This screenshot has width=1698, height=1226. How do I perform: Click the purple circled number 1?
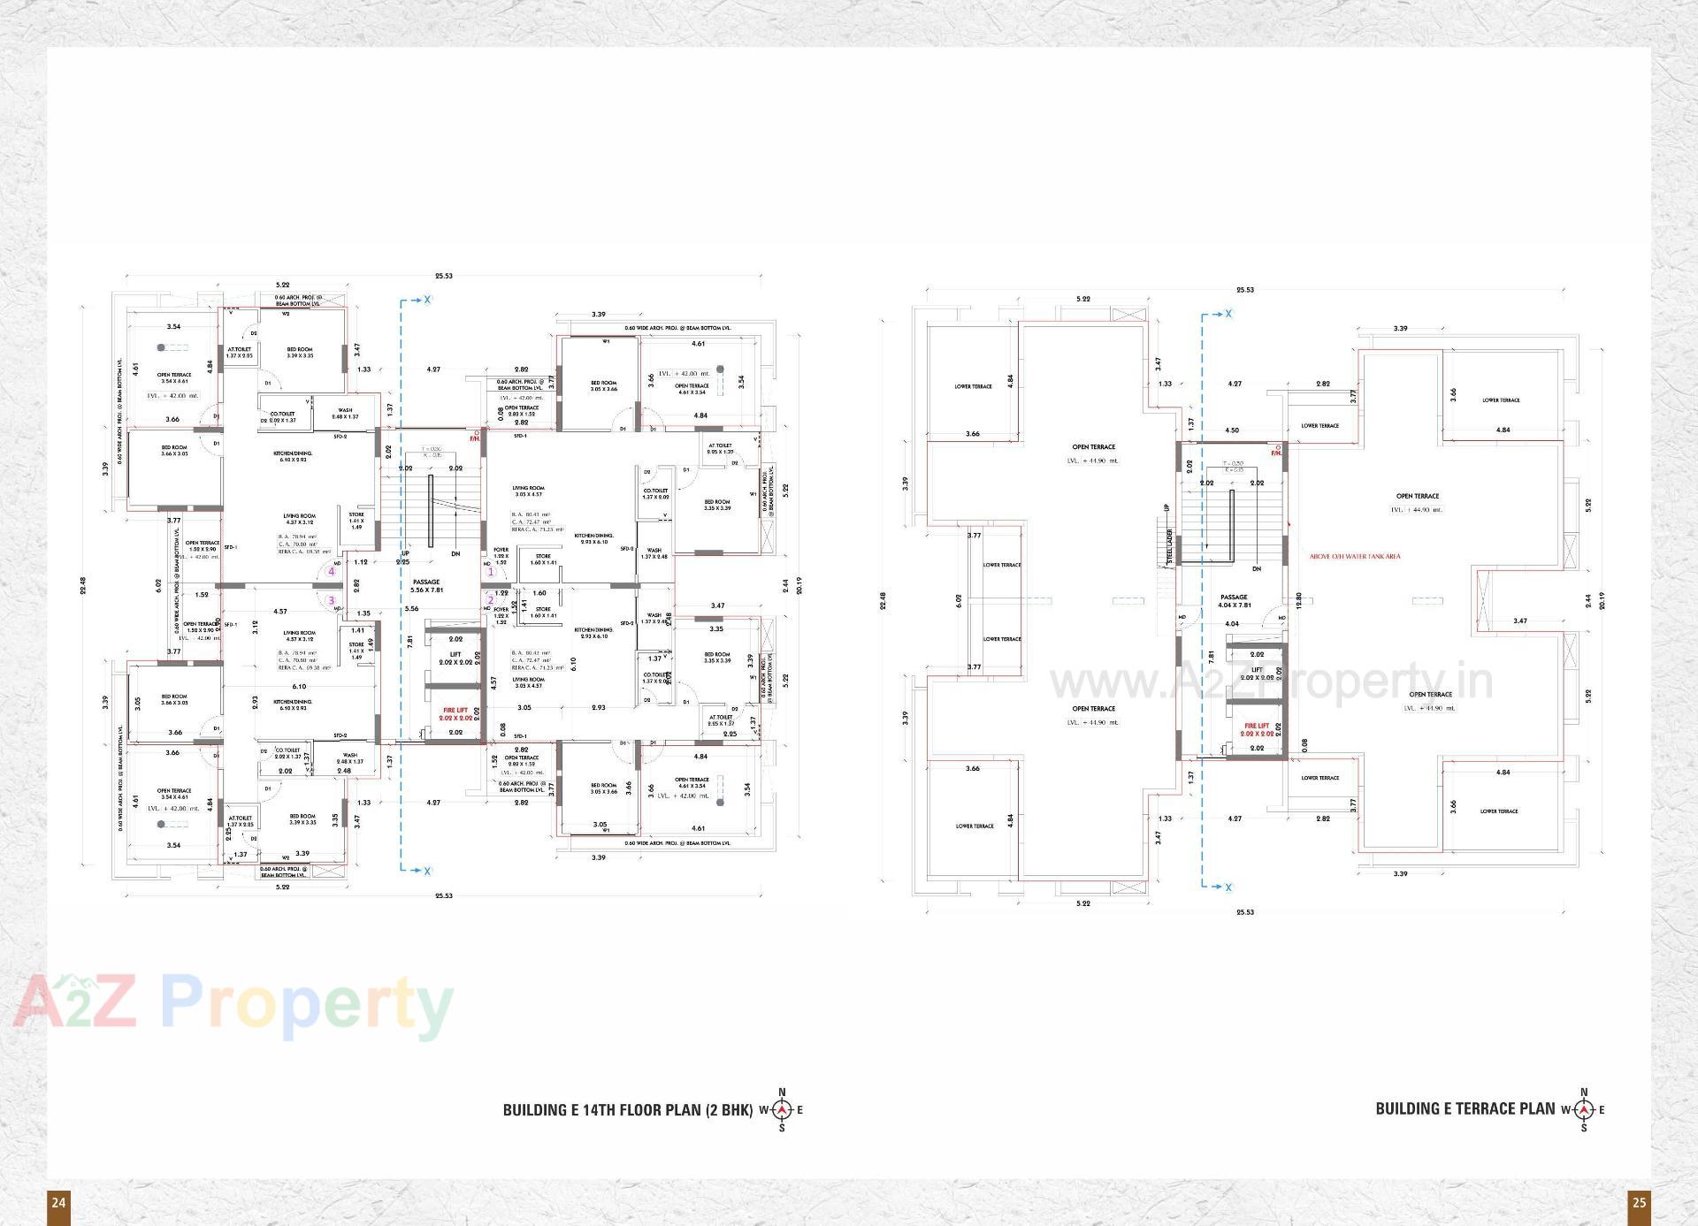click(491, 572)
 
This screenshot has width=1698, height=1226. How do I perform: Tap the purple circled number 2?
click(491, 601)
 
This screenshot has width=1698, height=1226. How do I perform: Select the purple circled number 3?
click(332, 600)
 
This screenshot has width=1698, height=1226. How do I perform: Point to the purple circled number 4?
click(332, 571)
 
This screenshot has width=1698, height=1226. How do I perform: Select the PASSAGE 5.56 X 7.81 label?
click(426, 585)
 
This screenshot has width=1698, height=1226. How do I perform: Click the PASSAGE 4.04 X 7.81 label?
click(1234, 601)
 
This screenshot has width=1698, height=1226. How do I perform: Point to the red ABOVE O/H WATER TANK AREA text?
click(1355, 557)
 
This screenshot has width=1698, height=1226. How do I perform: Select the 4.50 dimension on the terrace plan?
click(1232, 430)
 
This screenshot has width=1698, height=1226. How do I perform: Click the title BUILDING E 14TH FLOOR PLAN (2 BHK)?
click(627, 1109)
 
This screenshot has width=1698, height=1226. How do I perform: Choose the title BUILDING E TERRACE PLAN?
click(1465, 1108)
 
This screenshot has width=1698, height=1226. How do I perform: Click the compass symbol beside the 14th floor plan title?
click(782, 1109)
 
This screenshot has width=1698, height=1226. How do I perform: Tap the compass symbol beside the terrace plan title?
click(1583, 1109)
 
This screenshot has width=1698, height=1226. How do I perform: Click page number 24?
click(58, 1202)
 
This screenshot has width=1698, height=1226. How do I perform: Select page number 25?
click(1639, 1202)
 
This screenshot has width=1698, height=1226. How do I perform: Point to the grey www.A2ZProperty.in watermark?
click(1270, 682)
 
